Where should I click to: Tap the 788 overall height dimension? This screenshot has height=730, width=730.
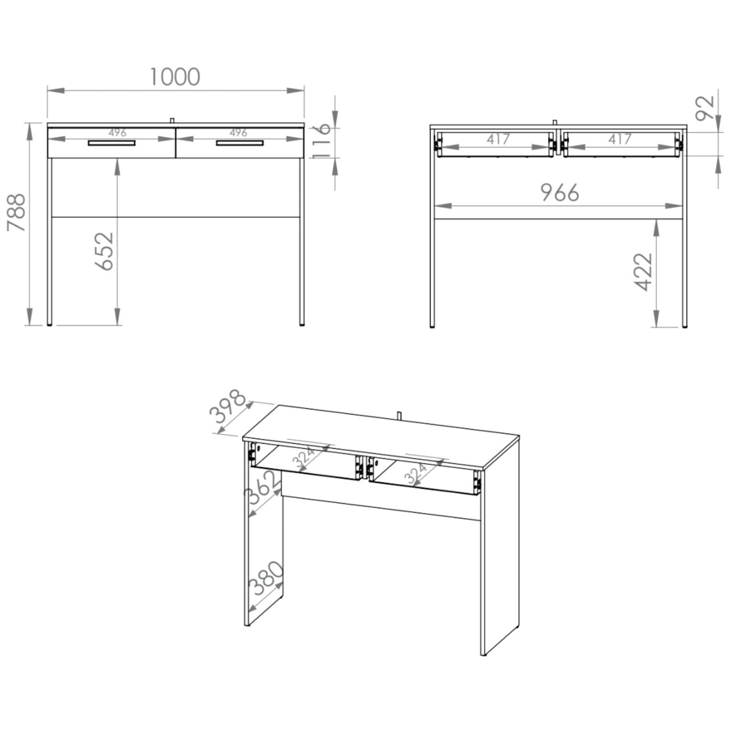coord(17,212)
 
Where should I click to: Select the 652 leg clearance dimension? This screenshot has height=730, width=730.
coord(104,251)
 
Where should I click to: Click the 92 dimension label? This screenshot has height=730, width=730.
coord(705,108)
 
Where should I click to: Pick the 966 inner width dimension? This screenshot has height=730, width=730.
coord(559,193)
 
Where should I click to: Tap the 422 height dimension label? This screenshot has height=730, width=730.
coord(643,271)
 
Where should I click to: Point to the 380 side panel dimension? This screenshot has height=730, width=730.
coord(266,579)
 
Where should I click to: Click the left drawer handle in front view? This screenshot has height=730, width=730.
coord(112,143)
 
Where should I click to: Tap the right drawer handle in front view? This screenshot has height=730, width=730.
coord(240,143)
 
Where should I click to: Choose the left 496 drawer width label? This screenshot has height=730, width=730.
coord(117,132)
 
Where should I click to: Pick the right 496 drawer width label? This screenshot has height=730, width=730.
coord(238,132)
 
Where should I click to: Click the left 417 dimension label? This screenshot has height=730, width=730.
coord(498,139)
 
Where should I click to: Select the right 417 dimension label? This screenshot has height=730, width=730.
coord(620,139)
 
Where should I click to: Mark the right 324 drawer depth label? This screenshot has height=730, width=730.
coord(416,473)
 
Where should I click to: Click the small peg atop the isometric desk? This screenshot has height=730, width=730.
coord(399,415)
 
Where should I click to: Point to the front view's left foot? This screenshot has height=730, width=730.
coord(49,325)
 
